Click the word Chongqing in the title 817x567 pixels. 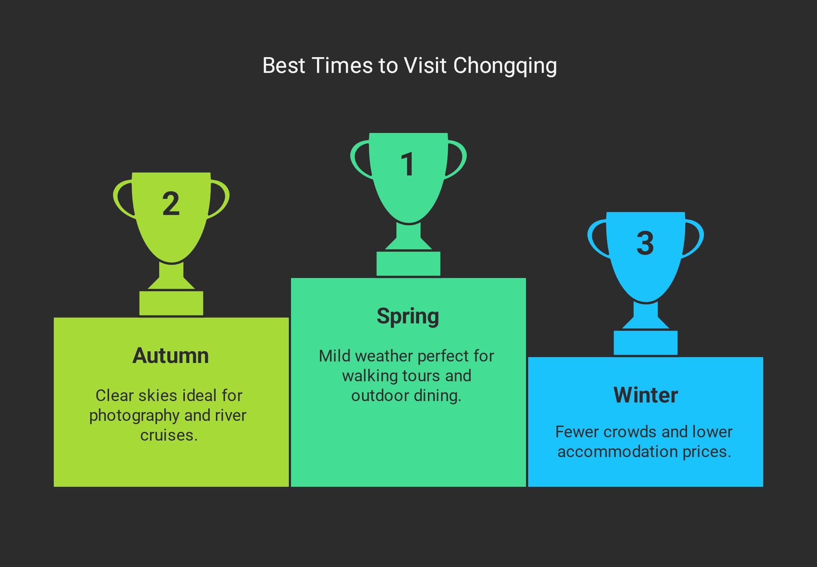[x=505, y=66]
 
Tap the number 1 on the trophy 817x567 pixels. [x=407, y=164]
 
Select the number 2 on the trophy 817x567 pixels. [x=171, y=204]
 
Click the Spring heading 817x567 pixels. [x=408, y=316]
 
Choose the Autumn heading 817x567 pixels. [x=171, y=355]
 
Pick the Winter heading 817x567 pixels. [x=646, y=395]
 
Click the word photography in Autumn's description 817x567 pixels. [x=134, y=416]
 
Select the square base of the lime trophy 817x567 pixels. [x=171, y=303]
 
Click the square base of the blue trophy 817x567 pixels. [x=646, y=343]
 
